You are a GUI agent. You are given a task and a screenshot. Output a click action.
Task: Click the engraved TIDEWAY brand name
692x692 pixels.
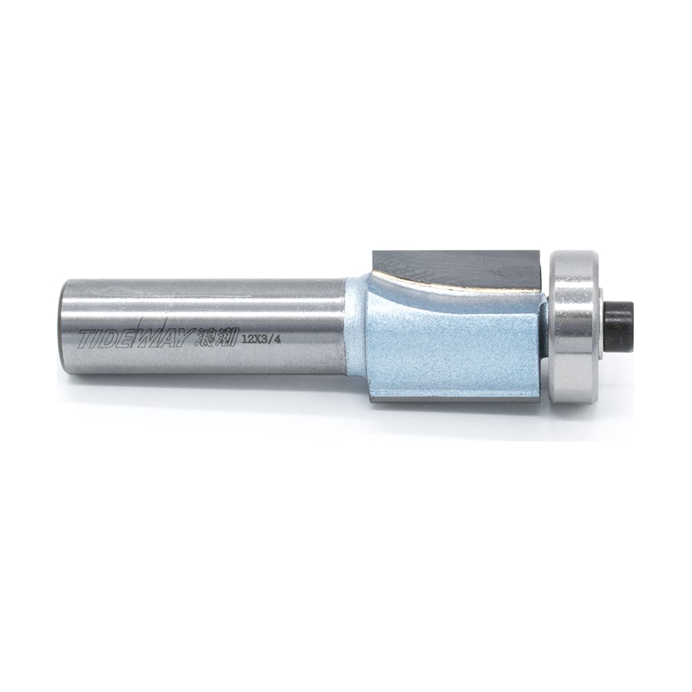pos(136,338)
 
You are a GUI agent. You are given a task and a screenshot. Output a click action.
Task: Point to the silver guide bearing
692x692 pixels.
pos(574,325)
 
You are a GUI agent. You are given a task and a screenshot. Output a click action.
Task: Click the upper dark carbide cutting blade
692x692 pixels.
pos(457,266)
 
